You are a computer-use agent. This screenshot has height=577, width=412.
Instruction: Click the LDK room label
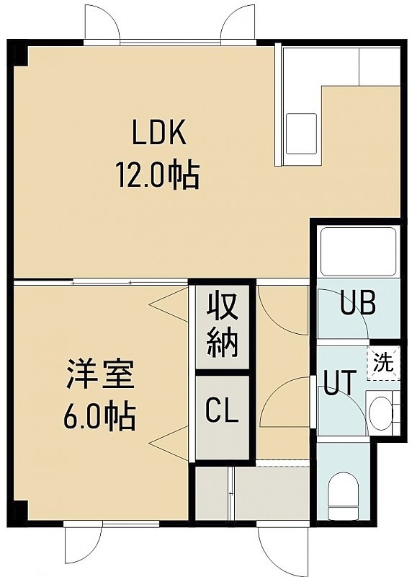[x=159, y=134]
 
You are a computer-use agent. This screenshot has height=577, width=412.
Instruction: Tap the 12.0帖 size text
[x=158, y=175]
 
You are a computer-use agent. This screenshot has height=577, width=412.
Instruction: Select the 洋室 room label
[x=100, y=374]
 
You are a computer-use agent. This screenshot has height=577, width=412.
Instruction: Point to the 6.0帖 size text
[x=100, y=417]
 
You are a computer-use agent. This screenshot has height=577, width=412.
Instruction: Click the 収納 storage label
[x=222, y=326]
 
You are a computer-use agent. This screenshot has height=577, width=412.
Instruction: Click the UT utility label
[x=340, y=383]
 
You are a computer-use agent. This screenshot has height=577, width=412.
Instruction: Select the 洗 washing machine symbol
[x=383, y=364]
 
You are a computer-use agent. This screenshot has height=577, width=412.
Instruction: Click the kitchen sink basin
[x=301, y=133]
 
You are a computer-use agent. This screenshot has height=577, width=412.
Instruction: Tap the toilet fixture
[x=343, y=498]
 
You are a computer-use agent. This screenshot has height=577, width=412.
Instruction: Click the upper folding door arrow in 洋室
[x=169, y=304]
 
